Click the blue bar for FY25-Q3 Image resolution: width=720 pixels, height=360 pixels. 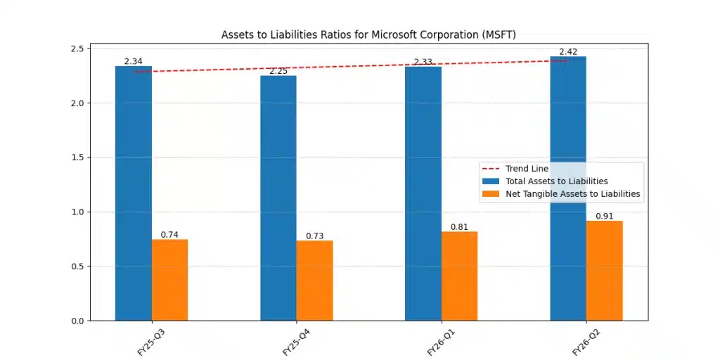coord(134,193)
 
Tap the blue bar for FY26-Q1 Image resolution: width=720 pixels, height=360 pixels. coord(423,193)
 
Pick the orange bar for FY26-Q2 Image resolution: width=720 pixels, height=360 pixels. coord(604,271)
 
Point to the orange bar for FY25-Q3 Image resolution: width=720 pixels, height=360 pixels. coord(169,280)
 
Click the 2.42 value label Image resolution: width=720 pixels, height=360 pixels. coord(568,52)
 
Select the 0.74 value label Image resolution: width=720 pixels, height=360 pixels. coord(169,234)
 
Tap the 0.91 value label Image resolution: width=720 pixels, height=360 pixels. coord(604,216)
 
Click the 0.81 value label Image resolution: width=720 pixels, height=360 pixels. coord(459,227)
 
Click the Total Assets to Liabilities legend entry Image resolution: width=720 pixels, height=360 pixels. coord(556,181)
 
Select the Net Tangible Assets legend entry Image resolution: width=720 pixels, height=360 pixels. coord(573,194)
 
